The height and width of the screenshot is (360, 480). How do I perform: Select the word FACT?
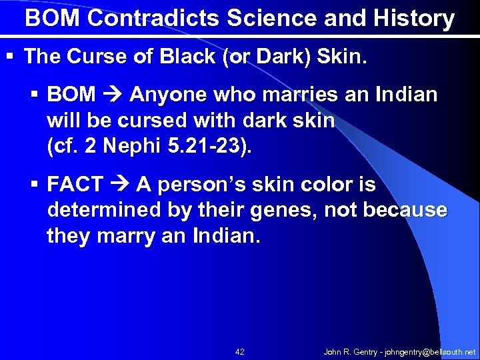75,185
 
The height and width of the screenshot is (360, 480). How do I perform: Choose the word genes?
283,211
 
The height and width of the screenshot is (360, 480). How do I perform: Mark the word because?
405,211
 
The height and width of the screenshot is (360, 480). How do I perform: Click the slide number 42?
240,351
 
